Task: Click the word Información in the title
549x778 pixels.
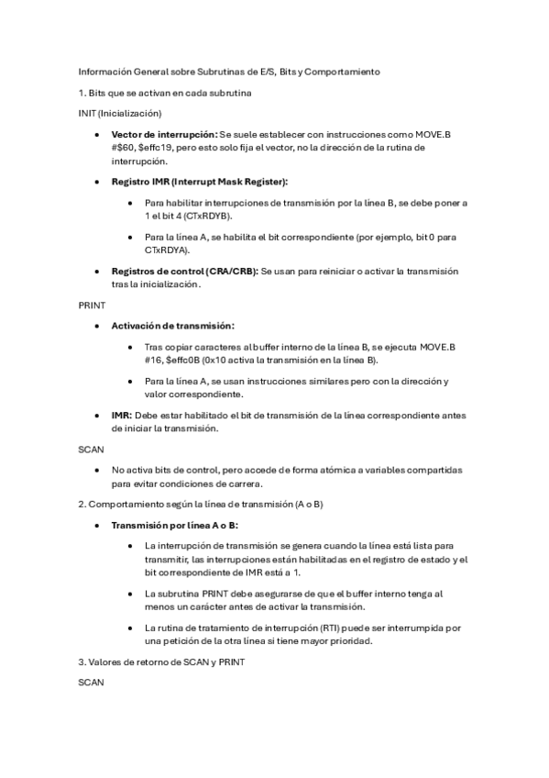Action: (x=103, y=71)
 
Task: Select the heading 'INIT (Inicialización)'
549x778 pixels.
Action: (x=120, y=113)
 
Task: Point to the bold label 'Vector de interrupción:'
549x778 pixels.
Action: (x=163, y=134)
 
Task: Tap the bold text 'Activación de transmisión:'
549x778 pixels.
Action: (x=172, y=326)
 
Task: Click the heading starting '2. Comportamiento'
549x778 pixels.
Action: (x=201, y=505)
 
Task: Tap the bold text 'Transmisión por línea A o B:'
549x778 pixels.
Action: (x=174, y=526)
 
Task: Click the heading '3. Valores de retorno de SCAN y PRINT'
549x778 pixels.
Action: (x=161, y=661)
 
